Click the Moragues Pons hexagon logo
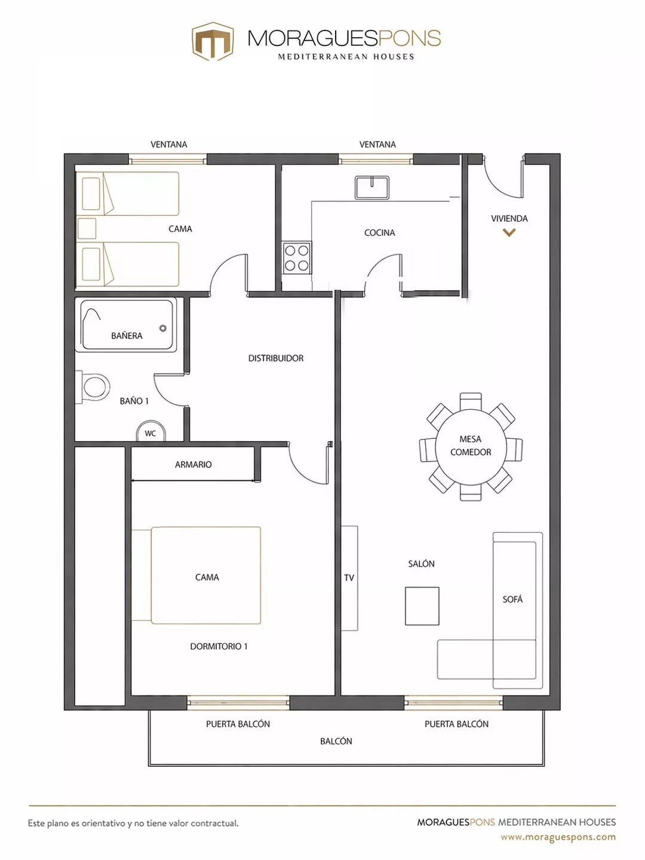coord(212,41)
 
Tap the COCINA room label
coord(379,233)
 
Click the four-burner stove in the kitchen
coord(297,258)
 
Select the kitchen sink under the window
coord(372,188)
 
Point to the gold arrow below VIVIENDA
coord(509,233)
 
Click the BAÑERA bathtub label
coord(127,336)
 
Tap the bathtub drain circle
coord(163,328)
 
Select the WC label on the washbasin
coord(150,434)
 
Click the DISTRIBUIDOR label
coord(276,358)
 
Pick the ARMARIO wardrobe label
coord(193,465)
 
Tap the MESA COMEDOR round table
coord(471,446)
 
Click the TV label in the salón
coord(349,578)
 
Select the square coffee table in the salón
coord(422,606)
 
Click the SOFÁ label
coord(512,600)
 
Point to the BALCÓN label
coord(336,741)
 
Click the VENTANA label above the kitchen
coord(377,145)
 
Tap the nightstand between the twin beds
coord(87,228)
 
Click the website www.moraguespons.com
coord(558,837)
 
